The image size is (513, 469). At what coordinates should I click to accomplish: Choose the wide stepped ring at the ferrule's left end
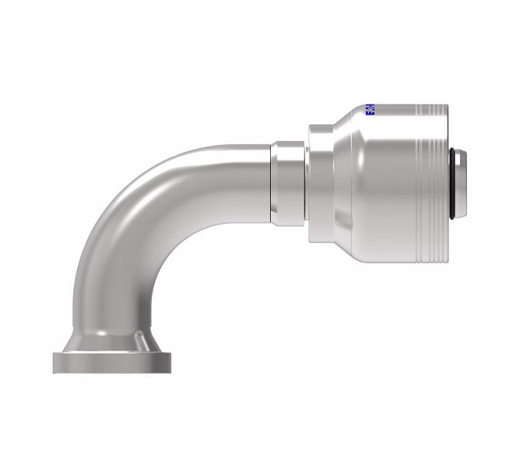point(320,182)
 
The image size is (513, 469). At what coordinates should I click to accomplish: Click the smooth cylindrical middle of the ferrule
point(389,182)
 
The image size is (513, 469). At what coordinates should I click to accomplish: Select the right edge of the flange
point(175,362)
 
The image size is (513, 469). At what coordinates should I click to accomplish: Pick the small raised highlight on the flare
point(138,340)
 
